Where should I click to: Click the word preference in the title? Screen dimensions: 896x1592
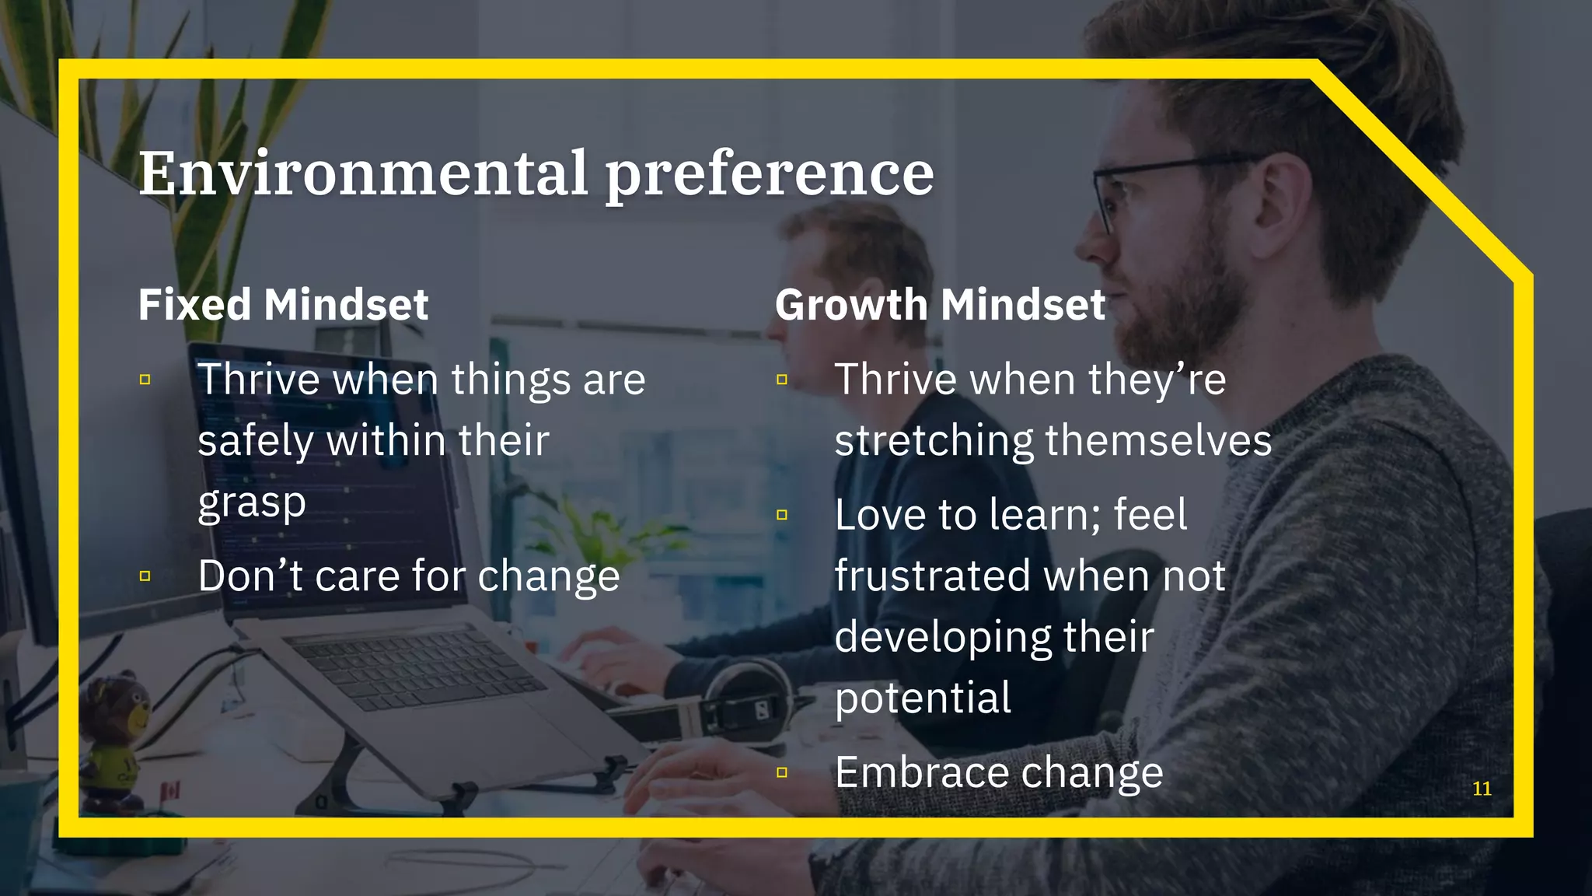(770, 175)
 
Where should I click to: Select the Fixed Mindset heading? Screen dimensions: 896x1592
(283, 304)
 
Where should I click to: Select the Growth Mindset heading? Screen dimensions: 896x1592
(940, 304)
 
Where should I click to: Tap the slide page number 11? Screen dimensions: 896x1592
(1482, 789)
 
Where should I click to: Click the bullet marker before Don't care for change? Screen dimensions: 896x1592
(145, 576)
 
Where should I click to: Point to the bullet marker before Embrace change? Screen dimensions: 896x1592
(782, 772)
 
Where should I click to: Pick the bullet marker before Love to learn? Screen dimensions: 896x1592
(782, 515)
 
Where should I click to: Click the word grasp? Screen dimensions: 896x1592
(252, 504)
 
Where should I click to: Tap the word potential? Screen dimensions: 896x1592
(923, 698)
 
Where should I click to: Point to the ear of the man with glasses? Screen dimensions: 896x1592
(1283, 202)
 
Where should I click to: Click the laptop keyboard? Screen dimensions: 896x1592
(420, 669)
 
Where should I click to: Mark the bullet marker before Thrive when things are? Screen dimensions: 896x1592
(145, 380)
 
